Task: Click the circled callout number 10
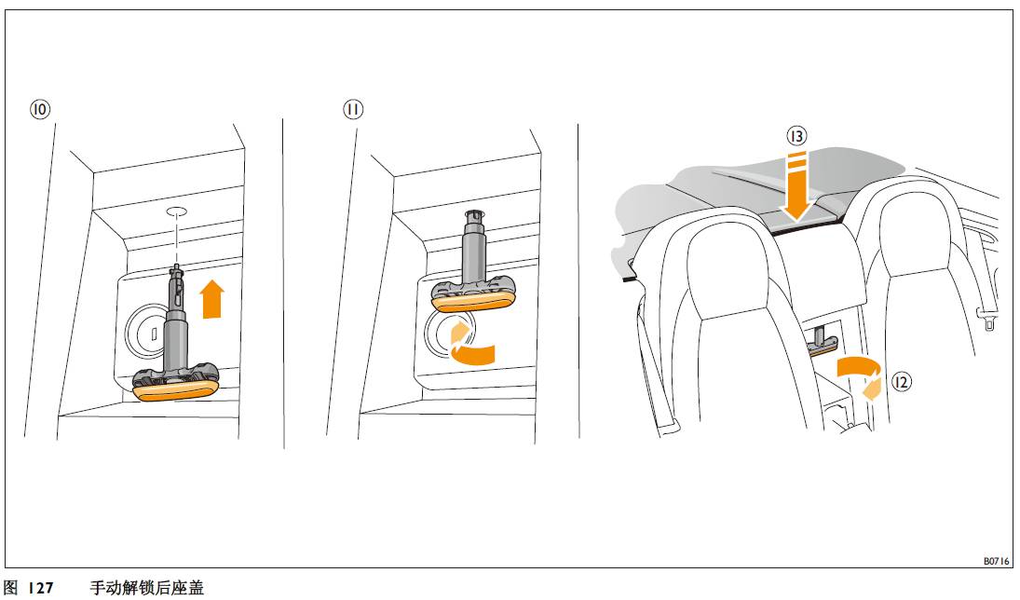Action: pos(40,109)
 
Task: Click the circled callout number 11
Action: pos(353,109)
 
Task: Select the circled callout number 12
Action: pos(901,382)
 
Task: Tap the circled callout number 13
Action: pos(796,136)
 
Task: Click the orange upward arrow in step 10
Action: pos(212,299)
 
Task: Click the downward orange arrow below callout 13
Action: pos(796,189)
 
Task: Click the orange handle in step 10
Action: pos(176,391)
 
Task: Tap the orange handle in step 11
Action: pos(473,302)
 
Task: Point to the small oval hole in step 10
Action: pos(177,211)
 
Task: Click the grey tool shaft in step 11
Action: pos(473,246)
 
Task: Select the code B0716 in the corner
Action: pos(996,561)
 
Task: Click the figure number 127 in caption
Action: pos(40,588)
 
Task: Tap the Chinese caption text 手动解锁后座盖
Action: pos(146,588)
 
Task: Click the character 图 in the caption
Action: pos(11,588)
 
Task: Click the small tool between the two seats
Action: pos(823,341)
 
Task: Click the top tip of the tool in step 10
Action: pos(176,265)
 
